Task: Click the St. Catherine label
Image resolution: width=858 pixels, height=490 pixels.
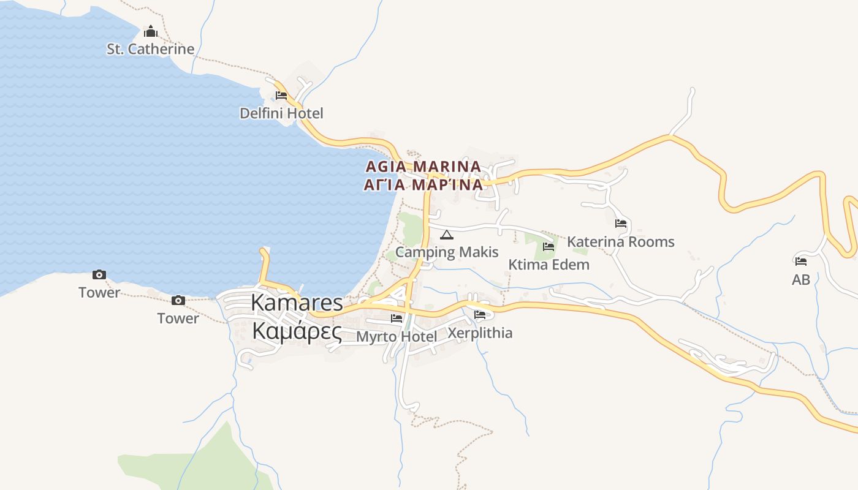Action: tap(150, 49)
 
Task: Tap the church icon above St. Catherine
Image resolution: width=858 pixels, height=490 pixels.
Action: tap(151, 31)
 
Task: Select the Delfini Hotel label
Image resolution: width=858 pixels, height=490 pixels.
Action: tap(281, 113)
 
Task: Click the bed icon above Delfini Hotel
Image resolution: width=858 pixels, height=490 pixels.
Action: tap(281, 96)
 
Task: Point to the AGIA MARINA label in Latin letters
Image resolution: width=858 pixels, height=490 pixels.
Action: tap(423, 167)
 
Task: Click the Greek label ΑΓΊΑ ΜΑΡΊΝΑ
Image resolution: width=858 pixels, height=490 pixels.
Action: tap(423, 185)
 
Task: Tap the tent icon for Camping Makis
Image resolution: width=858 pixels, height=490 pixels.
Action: tap(447, 235)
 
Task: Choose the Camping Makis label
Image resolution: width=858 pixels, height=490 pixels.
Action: tap(447, 252)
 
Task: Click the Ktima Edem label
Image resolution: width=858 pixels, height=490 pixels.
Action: tap(549, 265)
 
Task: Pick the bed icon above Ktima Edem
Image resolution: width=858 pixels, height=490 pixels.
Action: tap(549, 247)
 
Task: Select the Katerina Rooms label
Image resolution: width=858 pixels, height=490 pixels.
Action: tap(620, 242)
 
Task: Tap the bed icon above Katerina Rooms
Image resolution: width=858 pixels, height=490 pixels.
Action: tap(621, 224)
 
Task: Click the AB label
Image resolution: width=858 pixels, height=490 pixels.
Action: tap(801, 280)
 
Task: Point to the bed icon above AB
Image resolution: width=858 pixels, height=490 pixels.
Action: tap(801, 262)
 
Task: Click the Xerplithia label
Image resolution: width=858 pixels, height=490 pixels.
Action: tap(480, 333)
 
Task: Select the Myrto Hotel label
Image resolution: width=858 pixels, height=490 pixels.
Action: tap(397, 336)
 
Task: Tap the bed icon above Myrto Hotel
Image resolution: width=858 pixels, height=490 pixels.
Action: tap(397, 318)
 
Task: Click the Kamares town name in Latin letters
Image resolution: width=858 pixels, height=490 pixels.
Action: tap(297, 303)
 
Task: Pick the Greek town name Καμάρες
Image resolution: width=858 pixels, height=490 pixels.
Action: tap(297, 331)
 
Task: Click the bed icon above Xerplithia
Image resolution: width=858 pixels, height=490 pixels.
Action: tap(480, 315)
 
